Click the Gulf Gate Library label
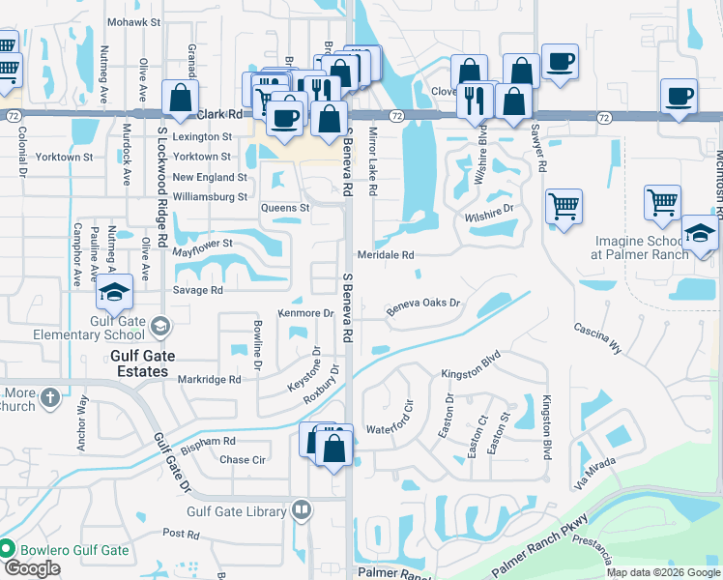[238, 509]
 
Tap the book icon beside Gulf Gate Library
[302, 509]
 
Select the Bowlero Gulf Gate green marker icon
[7, 549]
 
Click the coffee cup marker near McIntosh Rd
[679, 97]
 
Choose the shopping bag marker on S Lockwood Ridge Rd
[180, 97]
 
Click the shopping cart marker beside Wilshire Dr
[564, 206]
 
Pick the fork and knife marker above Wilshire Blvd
[475, 100]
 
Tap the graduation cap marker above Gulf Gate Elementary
[114, 291]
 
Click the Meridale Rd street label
[387, 255]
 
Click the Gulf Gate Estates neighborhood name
[148, 356]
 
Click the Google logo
[32, 569]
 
